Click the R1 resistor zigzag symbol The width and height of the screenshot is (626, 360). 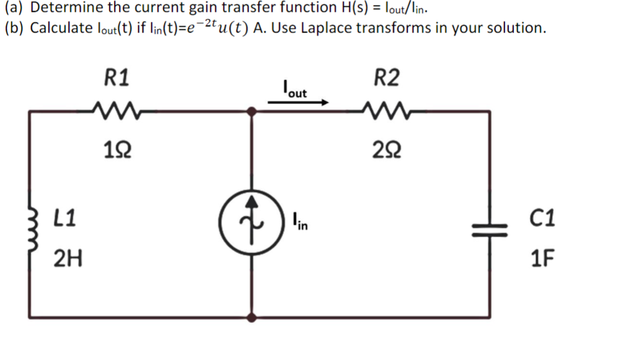[115, 111]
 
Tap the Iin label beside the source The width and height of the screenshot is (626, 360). [300, 222]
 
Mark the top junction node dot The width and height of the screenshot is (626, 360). [251, 111]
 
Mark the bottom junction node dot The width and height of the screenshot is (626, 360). [251, 317]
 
